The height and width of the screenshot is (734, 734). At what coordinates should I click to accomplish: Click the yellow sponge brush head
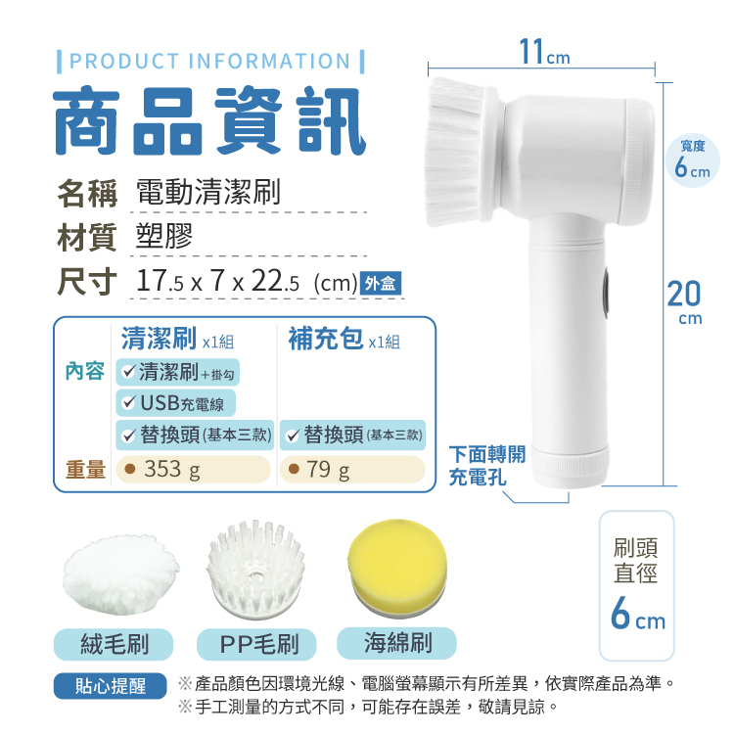[x=397, y=568]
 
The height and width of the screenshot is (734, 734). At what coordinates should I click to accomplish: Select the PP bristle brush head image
[x=255, y=570]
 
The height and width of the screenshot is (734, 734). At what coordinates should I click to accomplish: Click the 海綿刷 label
[x=397, y=643]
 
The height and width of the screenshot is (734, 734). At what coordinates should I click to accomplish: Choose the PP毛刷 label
[x=256, y=644]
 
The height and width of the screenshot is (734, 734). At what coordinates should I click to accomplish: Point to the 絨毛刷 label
[x=114, y=644]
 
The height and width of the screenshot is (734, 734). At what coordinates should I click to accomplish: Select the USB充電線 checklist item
[x=175, y=403]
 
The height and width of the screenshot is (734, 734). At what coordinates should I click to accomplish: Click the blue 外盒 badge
[x=381, y=283]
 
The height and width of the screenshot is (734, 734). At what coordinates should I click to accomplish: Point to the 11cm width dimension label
[x=544, y=52]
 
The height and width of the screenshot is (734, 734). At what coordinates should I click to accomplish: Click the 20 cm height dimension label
[x=685, y=301]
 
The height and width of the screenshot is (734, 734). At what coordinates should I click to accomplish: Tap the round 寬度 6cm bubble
[x=693, y=161]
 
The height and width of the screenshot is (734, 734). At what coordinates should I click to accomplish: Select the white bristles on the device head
[x=455, y=152]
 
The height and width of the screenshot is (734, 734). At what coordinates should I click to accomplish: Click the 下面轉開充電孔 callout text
[x=486, y=465]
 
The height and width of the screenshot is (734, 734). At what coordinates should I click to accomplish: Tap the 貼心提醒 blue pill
[x=111, y=686]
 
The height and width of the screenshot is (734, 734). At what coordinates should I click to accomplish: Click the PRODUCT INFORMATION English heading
[x=210, y=62]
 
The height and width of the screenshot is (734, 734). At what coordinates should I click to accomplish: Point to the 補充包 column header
[x=326, y=338]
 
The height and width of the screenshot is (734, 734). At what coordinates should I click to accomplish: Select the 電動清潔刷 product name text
[x=208, y=192]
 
